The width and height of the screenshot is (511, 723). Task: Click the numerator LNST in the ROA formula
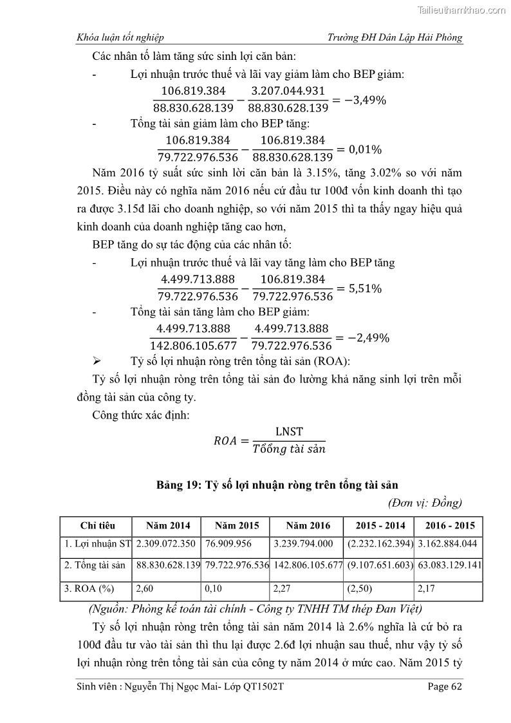point(288,432)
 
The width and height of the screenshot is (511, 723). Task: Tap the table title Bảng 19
point(281,485)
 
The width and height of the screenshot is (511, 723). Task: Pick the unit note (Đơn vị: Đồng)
point(425,503)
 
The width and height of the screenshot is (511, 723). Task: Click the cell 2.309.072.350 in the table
point(165,543)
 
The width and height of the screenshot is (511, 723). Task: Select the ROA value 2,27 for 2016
point(283,588)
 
